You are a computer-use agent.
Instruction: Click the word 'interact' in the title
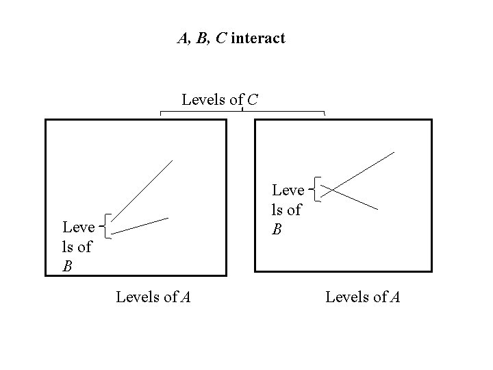258,38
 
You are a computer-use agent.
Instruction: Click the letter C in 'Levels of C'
253,100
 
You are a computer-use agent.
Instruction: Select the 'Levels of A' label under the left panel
153,297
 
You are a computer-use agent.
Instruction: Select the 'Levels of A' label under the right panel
363,297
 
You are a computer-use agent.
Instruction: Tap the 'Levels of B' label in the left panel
77,246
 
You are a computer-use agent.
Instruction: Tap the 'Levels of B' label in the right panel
288,209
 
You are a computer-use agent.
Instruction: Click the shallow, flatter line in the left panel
140,225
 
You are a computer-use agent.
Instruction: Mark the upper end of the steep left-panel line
172,161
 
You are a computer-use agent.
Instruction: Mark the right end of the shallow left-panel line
168,218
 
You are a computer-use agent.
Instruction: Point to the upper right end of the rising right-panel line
394,152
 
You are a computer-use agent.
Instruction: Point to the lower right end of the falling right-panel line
377,208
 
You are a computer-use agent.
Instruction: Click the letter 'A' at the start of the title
182,38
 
